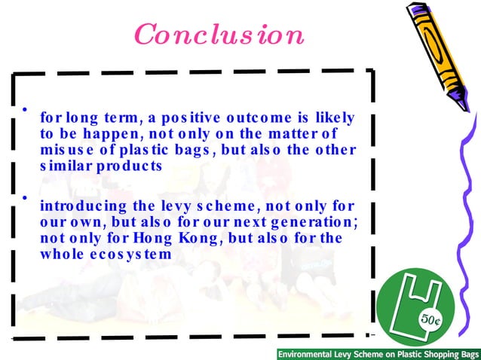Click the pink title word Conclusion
(x=219, y=35)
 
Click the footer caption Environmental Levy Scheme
(x=378, y=353)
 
